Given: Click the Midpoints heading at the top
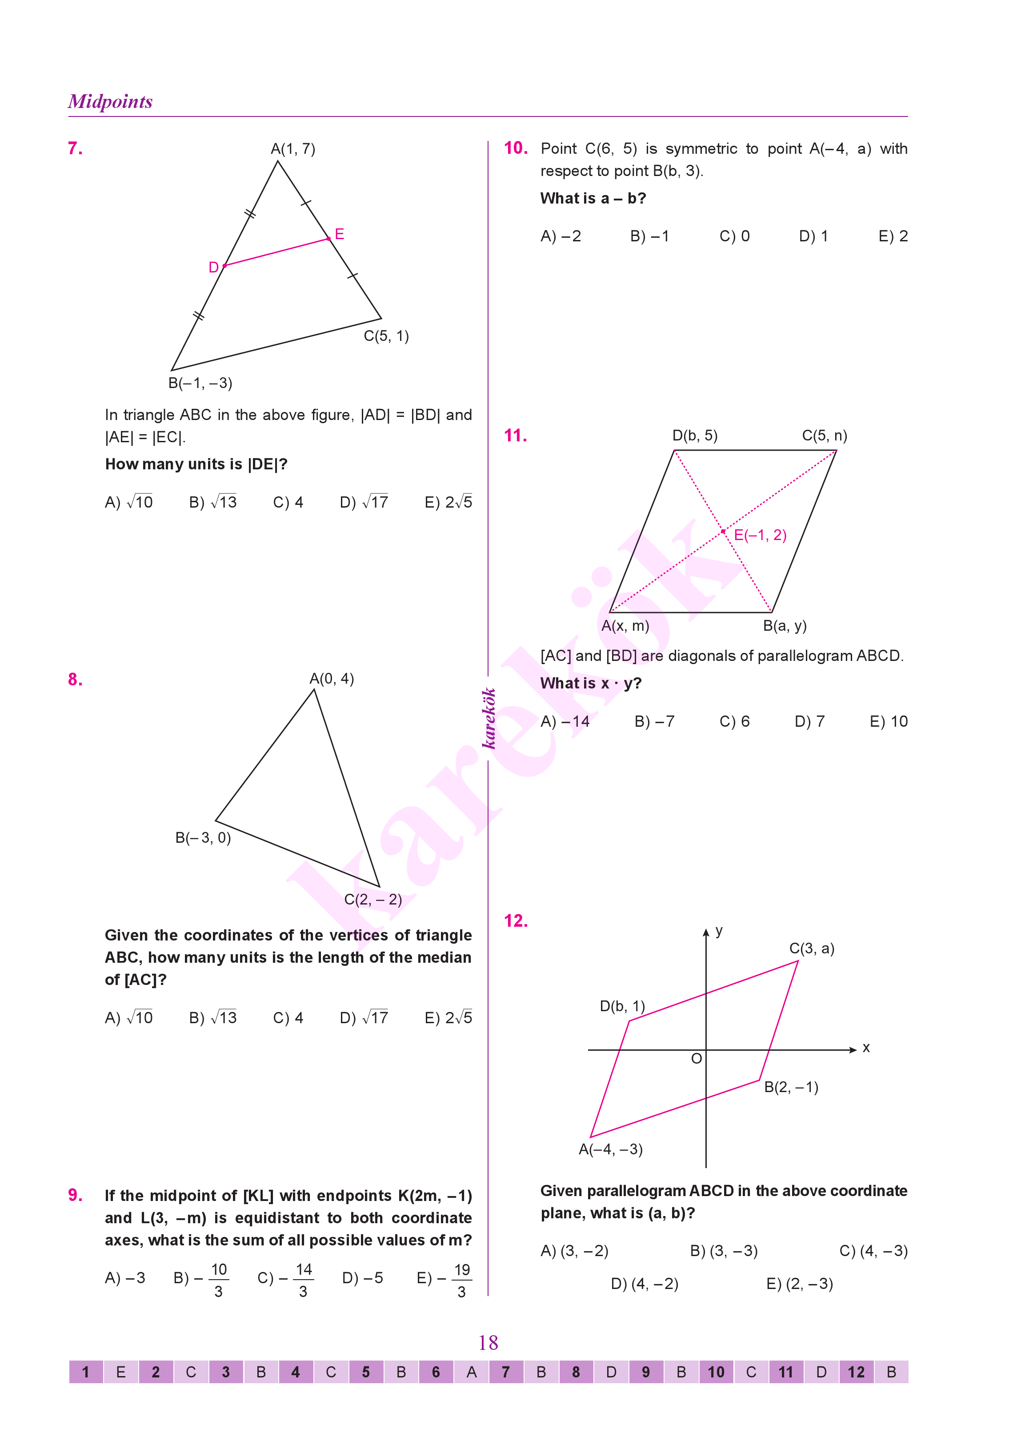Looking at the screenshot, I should click(x=110, y=101).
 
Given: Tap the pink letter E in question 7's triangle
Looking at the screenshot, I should click(x=340, y=234).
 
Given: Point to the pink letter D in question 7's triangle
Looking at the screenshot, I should click(x=213, y=268).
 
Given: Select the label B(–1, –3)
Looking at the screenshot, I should click(x=200, y=383).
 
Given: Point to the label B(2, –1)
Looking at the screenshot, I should click(x=791, y=1087).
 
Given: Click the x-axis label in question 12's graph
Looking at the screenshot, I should click(x=866, y=1048).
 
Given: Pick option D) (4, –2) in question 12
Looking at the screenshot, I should click(x=645, y=1284).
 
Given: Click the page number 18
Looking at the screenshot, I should click(x=488, y=1343).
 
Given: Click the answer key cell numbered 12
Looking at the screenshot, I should click(x=856, y=1373).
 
